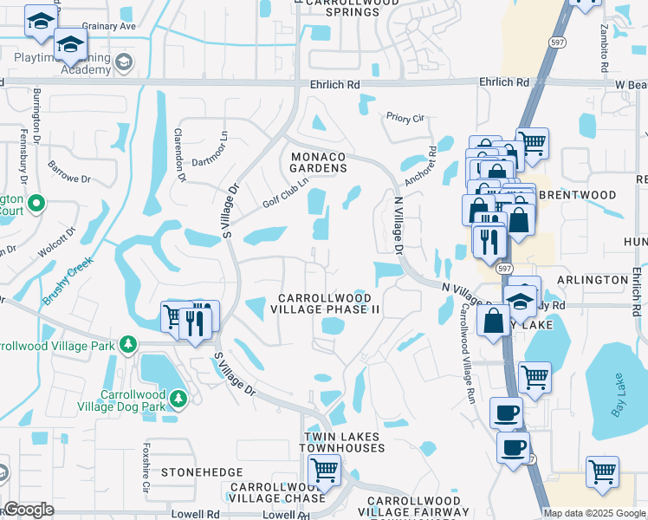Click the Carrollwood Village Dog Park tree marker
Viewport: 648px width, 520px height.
(178, 399)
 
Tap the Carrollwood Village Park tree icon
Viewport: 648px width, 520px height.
(128, 345)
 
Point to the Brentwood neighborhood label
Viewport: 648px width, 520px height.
(577, 195)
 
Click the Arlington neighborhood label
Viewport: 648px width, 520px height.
(593, 280)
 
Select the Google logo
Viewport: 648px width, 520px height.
(29, 510)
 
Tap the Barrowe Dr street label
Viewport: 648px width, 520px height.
(69, 172)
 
